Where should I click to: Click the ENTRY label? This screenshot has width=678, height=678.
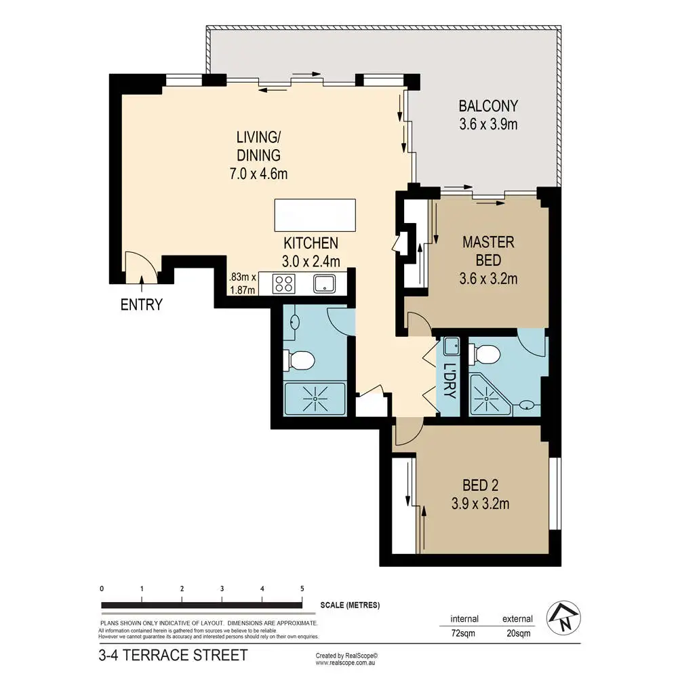(x=142, y=304)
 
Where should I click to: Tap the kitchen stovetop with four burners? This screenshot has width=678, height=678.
(x=283, y=284)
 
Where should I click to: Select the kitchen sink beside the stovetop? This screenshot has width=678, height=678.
(x=324, y=284)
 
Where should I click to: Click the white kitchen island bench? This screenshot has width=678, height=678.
(x=315, y=215)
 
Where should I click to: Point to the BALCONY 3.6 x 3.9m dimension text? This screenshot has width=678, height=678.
(x=488, y=124)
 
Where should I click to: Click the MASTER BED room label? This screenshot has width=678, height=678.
(x=489, y=252)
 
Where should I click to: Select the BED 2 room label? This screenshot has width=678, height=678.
(x=481, y=485)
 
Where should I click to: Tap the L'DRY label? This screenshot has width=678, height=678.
(x=450, y=380)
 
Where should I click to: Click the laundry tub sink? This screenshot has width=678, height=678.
(x=452, y=346)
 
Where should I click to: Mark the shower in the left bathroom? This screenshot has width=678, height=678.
(x=315, y=399)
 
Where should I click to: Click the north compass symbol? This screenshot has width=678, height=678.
(x=563, y=618)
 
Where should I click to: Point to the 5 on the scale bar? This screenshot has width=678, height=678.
(x=302, y=589)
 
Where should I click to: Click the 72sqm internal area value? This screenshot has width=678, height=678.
(x=462, y=633)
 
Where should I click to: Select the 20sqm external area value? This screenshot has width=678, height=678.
(x=519, y=633)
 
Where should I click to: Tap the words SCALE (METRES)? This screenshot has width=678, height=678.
(x=350, y=605)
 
